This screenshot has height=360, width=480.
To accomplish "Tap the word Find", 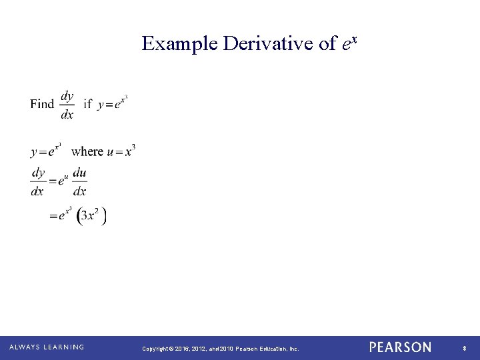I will [x=42, y=104].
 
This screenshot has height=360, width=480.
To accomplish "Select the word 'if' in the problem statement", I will [x=87, y=104].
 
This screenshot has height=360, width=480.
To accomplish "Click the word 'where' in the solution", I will [x=87, y=151].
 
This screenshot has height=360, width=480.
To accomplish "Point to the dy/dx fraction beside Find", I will [x=67, y=105].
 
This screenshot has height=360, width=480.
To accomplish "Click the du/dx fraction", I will [x=79, y=182].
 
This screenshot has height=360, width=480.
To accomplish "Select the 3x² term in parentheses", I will [x=92, y=216].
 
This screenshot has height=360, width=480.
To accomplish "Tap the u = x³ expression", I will [x=121, y=151].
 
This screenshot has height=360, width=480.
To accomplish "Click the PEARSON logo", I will [x=400, y=347].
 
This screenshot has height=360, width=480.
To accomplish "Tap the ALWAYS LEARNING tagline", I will [x=46, y=347].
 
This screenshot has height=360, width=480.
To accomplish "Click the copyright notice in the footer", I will [x=220, y=348].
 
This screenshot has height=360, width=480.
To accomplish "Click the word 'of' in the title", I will [x=328, y=44].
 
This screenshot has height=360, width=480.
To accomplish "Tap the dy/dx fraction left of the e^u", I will [x=37, y=182].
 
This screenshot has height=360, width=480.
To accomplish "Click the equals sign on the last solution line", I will [x=53, y=217].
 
